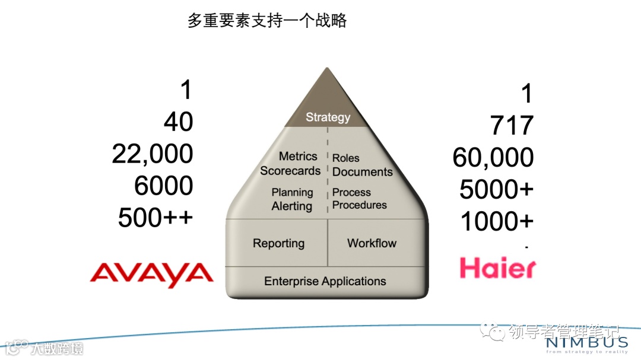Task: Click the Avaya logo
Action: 151,274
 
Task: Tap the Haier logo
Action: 497,268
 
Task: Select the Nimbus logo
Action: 586,343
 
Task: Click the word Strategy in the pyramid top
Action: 328,117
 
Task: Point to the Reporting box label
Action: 278,243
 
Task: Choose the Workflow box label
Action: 372,243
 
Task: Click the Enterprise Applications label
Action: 325,281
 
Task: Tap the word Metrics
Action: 298,157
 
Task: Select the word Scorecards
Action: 290,171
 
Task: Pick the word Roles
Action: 346,158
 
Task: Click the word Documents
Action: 362,172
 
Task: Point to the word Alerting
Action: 291,206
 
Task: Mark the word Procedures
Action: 359,205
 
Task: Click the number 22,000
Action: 153,154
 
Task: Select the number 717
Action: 512,126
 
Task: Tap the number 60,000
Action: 493,158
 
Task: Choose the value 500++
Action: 156,218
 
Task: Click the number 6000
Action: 163,186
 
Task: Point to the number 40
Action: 178,122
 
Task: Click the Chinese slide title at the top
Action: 267,21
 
